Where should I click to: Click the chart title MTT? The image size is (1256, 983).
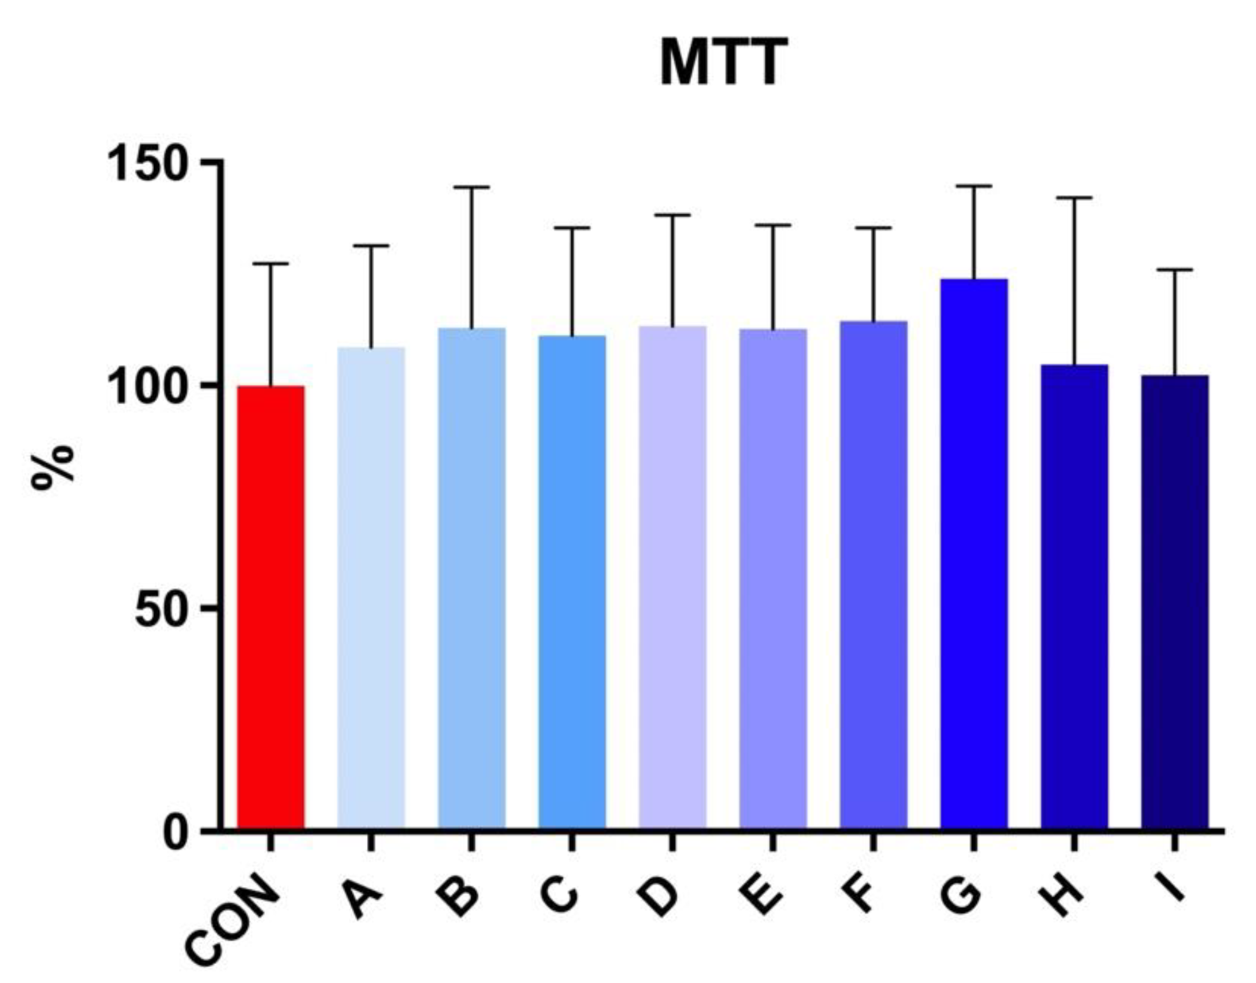[x=723, y=62]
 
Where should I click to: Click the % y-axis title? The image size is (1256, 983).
[x=53, y=467]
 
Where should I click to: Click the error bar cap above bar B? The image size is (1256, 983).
[x=471, y=188]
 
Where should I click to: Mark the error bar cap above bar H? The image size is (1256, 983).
[x=1074, y=198]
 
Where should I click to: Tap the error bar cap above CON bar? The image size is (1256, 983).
[x=271, y=263]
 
